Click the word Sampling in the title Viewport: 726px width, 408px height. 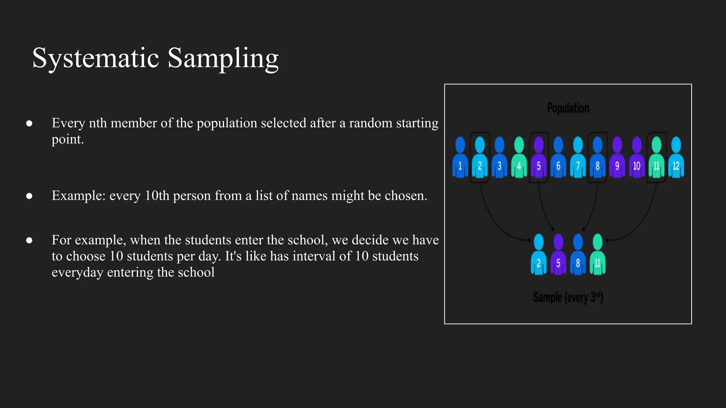coord(223,58)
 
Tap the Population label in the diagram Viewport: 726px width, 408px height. coord(568,108)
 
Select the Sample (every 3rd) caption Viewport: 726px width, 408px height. coord(568,297)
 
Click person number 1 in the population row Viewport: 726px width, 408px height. coord(460,158)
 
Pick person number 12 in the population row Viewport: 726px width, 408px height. coord(676,158)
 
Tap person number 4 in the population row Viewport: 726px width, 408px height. coord(519,158)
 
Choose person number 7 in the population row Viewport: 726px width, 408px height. coord(578,158)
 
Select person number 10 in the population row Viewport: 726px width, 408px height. coord(637,158)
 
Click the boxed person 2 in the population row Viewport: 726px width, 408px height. coord(480,158)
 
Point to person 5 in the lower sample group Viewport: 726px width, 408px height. coord(558,254)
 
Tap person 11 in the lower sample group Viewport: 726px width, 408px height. coord(598,254)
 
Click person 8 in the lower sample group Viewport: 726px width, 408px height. coord(578,254)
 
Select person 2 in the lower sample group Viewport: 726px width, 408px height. coord(538,254)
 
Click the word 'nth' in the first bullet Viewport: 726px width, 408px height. coord(97,123)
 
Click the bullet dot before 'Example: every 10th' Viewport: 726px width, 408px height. coord(29,196)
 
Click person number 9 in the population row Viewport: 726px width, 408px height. coord(617,158)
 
